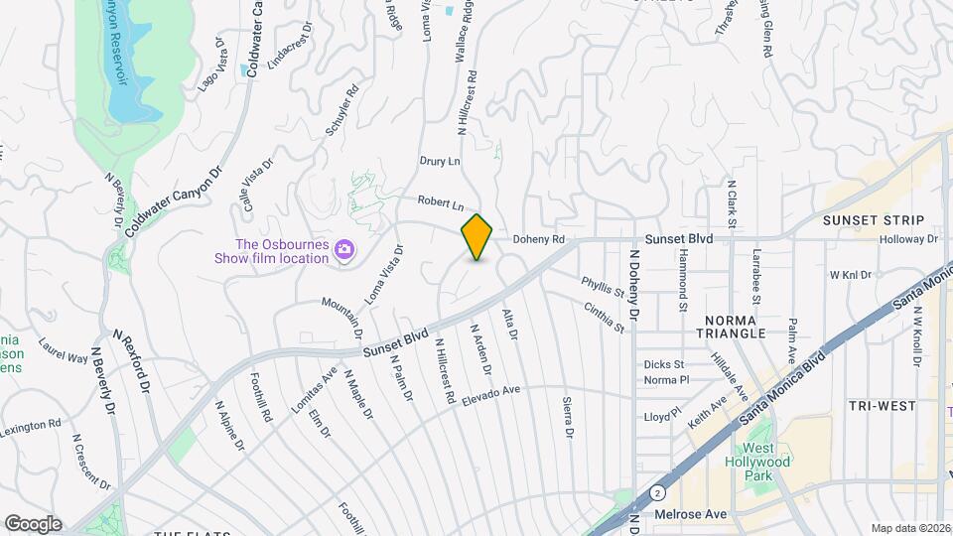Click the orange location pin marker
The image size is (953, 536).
coord(477,237)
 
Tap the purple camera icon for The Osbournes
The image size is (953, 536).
coord(344,249)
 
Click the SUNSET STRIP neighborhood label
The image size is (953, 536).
coord(874,220)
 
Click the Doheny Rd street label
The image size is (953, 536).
coord(538,239)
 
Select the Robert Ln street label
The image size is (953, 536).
coord(441,202)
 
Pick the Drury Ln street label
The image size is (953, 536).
coord(441,161)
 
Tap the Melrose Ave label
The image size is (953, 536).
coord(692,514)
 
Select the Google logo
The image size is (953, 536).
coord(33,523)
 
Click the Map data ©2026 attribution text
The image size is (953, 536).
coord(910,527)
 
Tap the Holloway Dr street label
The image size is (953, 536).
coord(908,239)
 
